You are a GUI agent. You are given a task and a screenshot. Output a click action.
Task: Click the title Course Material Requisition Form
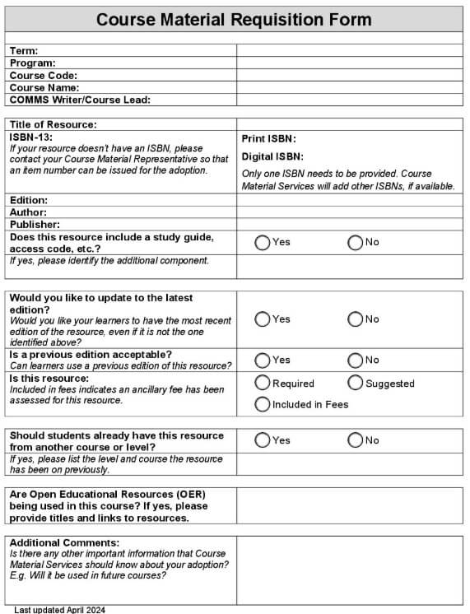(234, 19)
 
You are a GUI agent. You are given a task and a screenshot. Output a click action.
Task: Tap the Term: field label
(24, 51)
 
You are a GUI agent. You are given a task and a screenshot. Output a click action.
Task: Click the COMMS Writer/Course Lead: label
(80, 100)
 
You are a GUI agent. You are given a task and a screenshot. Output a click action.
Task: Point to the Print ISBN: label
(268, 139)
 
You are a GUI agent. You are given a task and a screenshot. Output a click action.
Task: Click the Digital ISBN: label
(272, 156)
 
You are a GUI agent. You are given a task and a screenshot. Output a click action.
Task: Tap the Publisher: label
(35, 224)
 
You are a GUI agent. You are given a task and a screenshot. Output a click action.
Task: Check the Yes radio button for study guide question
(263, 243)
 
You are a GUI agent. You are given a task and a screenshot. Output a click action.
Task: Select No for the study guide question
(356, 243)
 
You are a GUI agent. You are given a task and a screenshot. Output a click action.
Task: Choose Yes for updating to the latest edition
(263, 319)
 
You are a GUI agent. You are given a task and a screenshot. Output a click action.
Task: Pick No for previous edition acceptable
(356, 360)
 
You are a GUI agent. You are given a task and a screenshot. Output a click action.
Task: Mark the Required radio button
(263, 383)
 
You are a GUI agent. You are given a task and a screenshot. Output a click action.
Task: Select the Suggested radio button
(356, 383)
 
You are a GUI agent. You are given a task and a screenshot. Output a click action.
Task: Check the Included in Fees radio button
(263, 404)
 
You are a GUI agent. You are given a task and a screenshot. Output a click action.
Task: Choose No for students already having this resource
(356, 440)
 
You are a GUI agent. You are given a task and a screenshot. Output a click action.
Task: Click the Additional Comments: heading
(64, 543)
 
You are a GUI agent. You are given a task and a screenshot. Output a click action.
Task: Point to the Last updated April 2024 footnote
(59, 610)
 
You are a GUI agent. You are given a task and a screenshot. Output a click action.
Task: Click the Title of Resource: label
(54, 124)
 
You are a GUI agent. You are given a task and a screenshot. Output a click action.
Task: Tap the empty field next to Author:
(350, 212)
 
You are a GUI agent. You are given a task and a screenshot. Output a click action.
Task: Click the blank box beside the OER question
(350, 506)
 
